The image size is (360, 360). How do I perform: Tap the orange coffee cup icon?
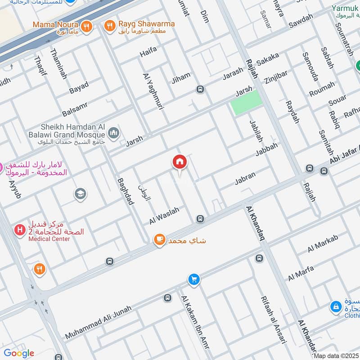[x=159, y=240]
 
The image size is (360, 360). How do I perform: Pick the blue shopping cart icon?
[x=194, y=280]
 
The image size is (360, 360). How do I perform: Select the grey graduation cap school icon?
[x=81, y=194]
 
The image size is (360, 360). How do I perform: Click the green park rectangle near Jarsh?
[x=246, y=102]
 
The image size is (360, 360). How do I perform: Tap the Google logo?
[x=19, y=353]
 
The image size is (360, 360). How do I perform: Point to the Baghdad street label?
[x=126, y=191]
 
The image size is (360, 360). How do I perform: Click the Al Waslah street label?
[x=164, y=216]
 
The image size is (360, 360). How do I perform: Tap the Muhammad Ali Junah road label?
[x=99, y=322]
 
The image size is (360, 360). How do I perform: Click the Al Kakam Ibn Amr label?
[x=195, y=321]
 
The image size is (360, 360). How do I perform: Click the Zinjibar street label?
[x=276, y=74]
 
